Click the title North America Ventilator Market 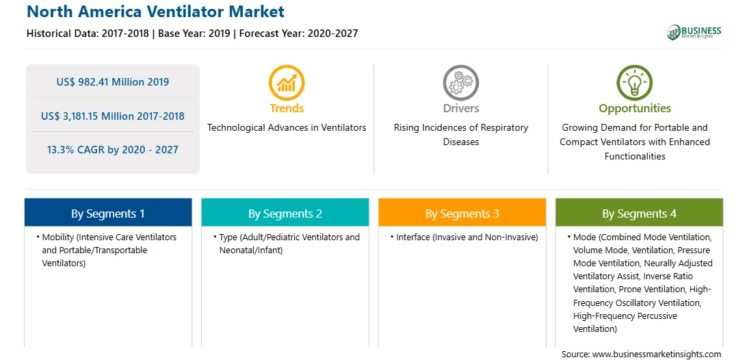coord(155,11)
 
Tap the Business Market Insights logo coord(694,32)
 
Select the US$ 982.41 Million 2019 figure coord(112,82)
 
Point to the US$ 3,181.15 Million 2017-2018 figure coord(112,116)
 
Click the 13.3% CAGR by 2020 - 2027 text coord(112,150)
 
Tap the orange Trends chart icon coord(287,83)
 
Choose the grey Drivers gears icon coord(460,83)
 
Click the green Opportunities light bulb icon coord(635,83)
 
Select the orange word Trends coord(287,108)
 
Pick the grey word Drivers coord(460,108)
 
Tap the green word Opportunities coord(635,109)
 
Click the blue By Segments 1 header coord(108,213)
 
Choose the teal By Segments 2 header coord(285,213)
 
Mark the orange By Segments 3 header coord(462,213)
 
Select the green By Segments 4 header coord(639,213)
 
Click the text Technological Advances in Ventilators coord(287,127)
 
